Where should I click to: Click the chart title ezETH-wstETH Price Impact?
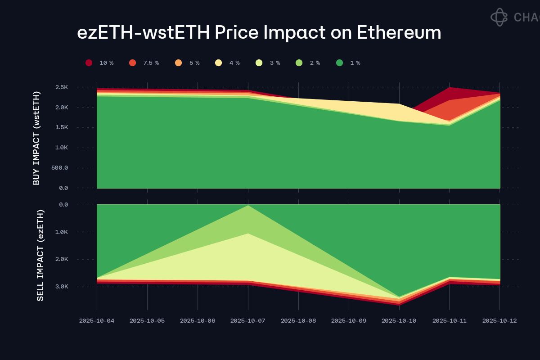pos(259,32)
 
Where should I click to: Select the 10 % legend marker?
pos(89,63)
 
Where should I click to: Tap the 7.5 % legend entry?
pos(132,63)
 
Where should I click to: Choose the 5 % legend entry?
pos(179,63)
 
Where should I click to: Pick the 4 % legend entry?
pos(219,63)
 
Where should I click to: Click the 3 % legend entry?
pos(259,63)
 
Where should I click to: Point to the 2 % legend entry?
pos(299,63)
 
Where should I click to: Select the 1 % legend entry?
pos(339,63)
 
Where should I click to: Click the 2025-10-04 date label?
pos(97,321)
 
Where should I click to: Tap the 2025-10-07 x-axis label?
pos(248,321)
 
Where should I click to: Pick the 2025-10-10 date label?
pos(399,321)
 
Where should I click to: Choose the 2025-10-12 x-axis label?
pos(499,321)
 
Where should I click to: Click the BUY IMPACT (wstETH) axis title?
pos(36,138)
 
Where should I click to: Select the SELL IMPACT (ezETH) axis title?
pos(40,255)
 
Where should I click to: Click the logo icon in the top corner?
pos(499,17)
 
